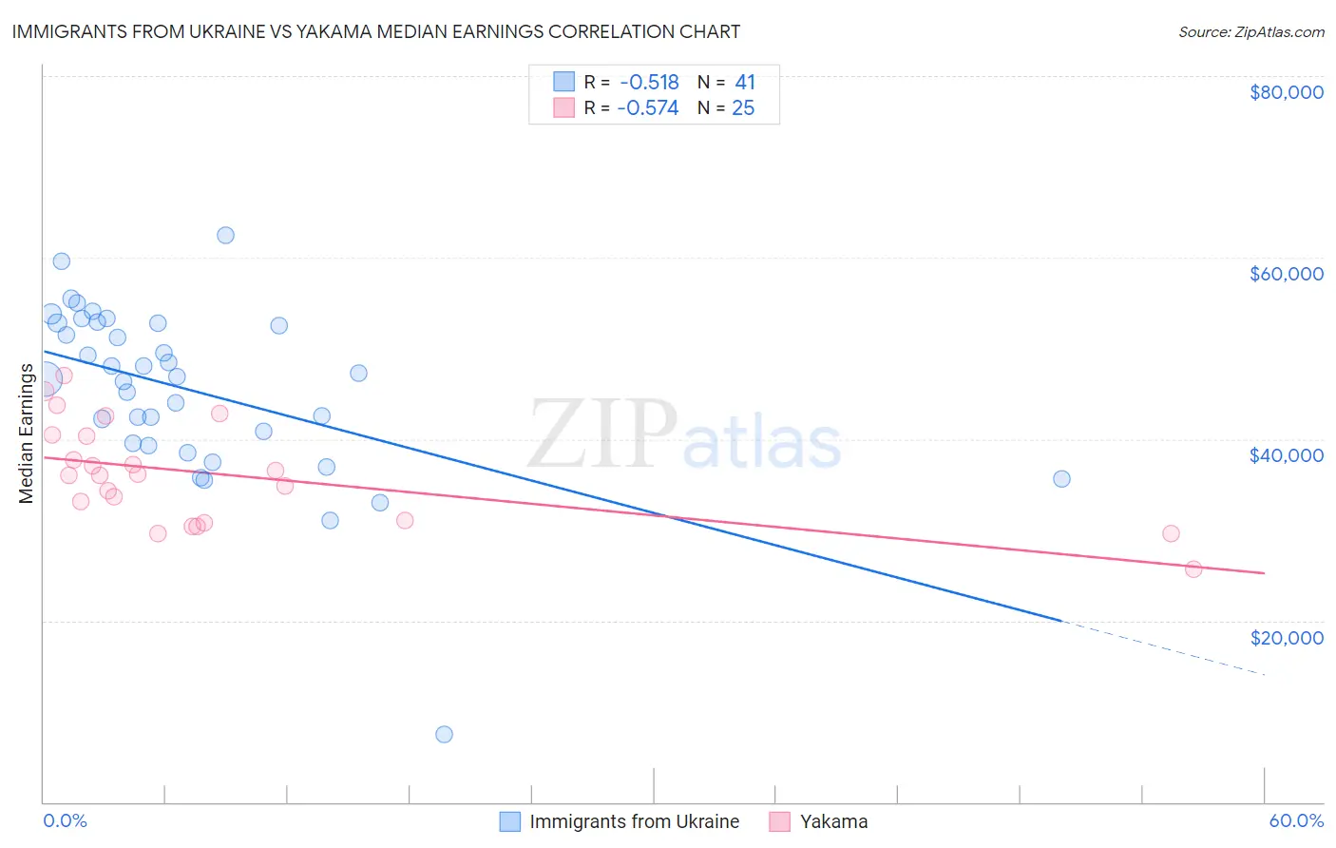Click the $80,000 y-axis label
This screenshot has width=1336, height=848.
click(1286, 92)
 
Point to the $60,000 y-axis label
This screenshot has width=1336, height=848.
click(1286, 274)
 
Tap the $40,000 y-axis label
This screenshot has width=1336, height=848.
click(1286, 455)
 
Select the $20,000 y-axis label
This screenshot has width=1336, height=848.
click(1286, 637)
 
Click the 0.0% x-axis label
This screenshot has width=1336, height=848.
click(65, 821)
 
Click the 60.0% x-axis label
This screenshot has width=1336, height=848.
click(1295, 821)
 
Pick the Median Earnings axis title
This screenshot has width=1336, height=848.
click(26, 434)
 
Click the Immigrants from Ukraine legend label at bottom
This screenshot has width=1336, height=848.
click(634, 821)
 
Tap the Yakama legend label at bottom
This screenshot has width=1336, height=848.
click(833, 821)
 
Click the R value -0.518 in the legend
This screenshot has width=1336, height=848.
click(649, 83)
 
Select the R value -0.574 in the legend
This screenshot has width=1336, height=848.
click(648, 108)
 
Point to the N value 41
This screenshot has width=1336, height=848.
click(745, 83)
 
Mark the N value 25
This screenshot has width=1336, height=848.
click(743, 108)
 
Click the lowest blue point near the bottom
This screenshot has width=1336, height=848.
click(444, 734)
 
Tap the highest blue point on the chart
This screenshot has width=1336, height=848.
click(225, 235)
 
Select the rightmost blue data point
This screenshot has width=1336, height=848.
click(1061, 478)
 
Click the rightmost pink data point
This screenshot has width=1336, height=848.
click(1193, 569)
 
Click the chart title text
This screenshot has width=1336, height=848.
click(376, 31)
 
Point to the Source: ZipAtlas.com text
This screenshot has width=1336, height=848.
click(1250, 32)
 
